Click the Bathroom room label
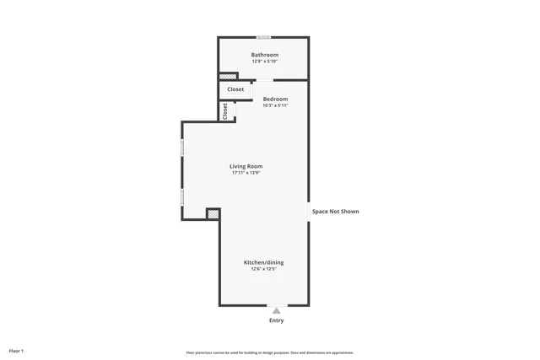264,55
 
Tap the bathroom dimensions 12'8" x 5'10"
264,62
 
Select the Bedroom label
275,99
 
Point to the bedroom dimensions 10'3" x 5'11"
275,106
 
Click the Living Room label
246,166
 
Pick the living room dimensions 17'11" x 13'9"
246,173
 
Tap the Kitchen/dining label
263,262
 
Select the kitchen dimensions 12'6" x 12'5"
263,269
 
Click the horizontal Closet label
235,89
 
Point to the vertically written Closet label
225,111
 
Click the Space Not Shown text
335,212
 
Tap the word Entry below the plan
276,320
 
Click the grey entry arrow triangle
276,311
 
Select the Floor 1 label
17,351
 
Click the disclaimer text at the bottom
270,352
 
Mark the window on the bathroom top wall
264,37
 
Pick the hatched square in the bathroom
228,77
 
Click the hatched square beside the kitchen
213,214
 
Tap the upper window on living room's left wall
182,148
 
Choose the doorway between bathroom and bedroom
264,81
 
